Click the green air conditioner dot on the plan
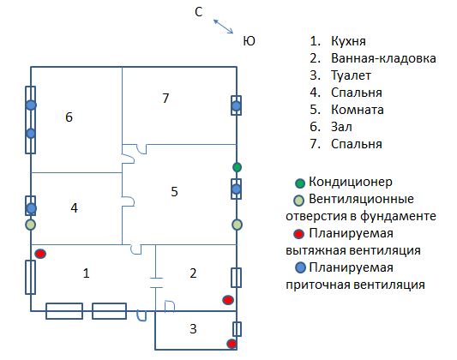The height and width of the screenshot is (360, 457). pos(237,167)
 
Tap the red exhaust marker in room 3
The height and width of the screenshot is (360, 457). pos(232,344)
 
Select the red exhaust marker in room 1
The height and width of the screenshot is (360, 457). pos(40,254)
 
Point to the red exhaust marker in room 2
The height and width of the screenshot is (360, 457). pos(228,300)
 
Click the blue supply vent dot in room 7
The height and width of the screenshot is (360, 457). pos(237,105)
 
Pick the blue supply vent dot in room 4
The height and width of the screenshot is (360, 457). pos(31,208)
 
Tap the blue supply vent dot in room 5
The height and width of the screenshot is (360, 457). pos(237,189)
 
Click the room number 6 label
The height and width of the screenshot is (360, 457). pos(69,117)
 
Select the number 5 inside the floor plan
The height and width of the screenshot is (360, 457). pos(174,191)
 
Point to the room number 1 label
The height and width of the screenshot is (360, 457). pos(86,273)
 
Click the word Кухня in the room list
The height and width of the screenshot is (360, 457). pos(348,41)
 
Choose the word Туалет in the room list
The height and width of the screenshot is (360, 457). pos(351,75)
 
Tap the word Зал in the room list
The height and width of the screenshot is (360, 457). pos(341,127)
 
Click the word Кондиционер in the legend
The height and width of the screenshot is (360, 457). pos(351,182)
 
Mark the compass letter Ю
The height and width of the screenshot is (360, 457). pos(249,41)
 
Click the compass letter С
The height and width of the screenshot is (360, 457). pos(198,12)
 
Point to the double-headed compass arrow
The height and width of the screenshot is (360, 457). pos(223,27)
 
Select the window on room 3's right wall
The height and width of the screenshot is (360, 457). pos(237,329)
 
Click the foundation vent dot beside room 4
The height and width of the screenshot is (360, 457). pos(31,225)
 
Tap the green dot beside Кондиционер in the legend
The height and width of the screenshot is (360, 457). pos(300,183)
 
